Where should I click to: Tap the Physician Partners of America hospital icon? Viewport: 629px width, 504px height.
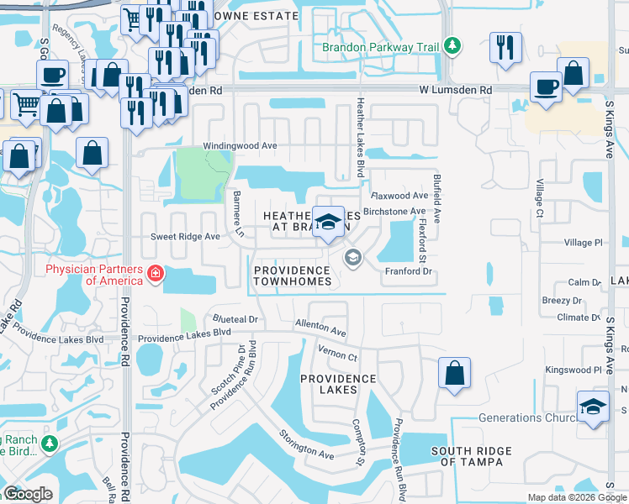pos(155,274)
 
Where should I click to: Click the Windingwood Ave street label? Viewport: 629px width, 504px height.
pos(245,145)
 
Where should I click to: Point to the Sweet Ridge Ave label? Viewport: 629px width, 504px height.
pos(185,237)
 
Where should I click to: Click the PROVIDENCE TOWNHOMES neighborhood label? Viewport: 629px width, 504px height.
pos(292,276)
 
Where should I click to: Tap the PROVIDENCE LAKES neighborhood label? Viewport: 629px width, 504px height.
pos(338,386)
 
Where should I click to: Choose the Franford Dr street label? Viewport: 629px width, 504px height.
pos(408,271)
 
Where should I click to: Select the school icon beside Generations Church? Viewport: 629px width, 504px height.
pos(593,407)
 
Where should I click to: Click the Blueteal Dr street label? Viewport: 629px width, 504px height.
pos(235,320)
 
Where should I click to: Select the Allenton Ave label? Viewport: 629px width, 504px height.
pos(320,328)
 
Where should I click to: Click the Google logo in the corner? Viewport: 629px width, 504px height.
pos(28,494)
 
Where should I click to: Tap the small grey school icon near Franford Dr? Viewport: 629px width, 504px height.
pos(353,257)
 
